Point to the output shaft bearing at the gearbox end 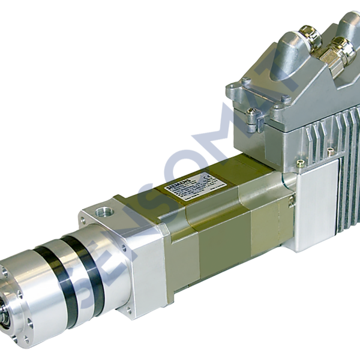[x=7, y=312]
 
